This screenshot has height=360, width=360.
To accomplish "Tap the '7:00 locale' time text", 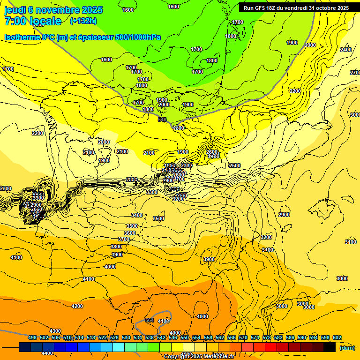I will point(33,21).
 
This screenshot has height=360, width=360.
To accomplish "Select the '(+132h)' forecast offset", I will point(83,21).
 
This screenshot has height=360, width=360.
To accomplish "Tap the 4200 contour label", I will point(77,306).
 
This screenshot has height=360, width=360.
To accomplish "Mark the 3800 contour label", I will point(116,247).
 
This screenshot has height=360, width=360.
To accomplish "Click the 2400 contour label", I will point(346,50).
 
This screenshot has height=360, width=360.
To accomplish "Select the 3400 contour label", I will point(137,215).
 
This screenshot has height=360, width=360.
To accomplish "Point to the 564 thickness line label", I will point(150,320).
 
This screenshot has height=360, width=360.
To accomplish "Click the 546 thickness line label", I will point(162,120).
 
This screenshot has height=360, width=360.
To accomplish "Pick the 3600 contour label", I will point(130,233).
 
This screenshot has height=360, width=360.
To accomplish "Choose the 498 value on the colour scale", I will point(32,337).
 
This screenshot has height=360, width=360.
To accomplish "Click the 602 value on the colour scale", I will point(337,337).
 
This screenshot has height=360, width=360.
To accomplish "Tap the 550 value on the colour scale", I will point(185,337).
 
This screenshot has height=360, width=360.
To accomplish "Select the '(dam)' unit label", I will point(347,347).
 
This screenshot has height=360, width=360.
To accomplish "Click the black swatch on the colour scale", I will point(330,347).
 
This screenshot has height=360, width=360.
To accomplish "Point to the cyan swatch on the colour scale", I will point(119,347).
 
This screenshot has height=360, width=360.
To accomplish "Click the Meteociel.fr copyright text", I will point(199,357).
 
